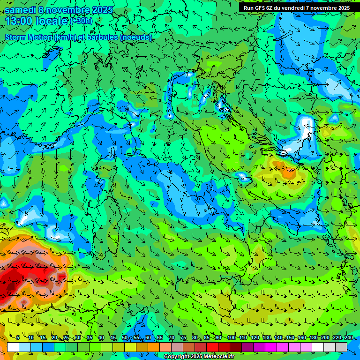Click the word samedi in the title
point(22,10)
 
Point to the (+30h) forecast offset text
point(82,21)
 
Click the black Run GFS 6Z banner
point(296,8)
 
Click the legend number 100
point(232,338)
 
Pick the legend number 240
point(348,338)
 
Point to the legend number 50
point(125,338)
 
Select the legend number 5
point(18,338)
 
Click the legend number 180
point(313,338)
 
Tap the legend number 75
point(183,338)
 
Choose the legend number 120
point(255,338)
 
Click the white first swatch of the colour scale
point(13,347)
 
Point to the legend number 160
point(301,338)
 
